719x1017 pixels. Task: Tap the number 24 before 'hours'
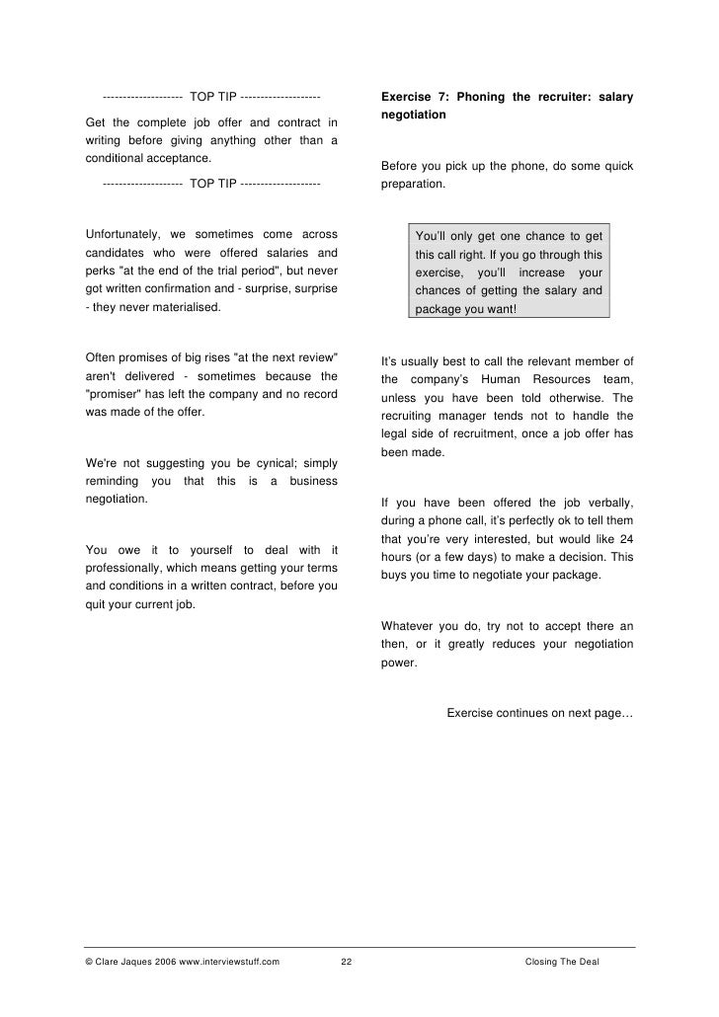click(625, 538)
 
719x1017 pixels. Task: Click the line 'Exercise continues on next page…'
click(539, 713)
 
